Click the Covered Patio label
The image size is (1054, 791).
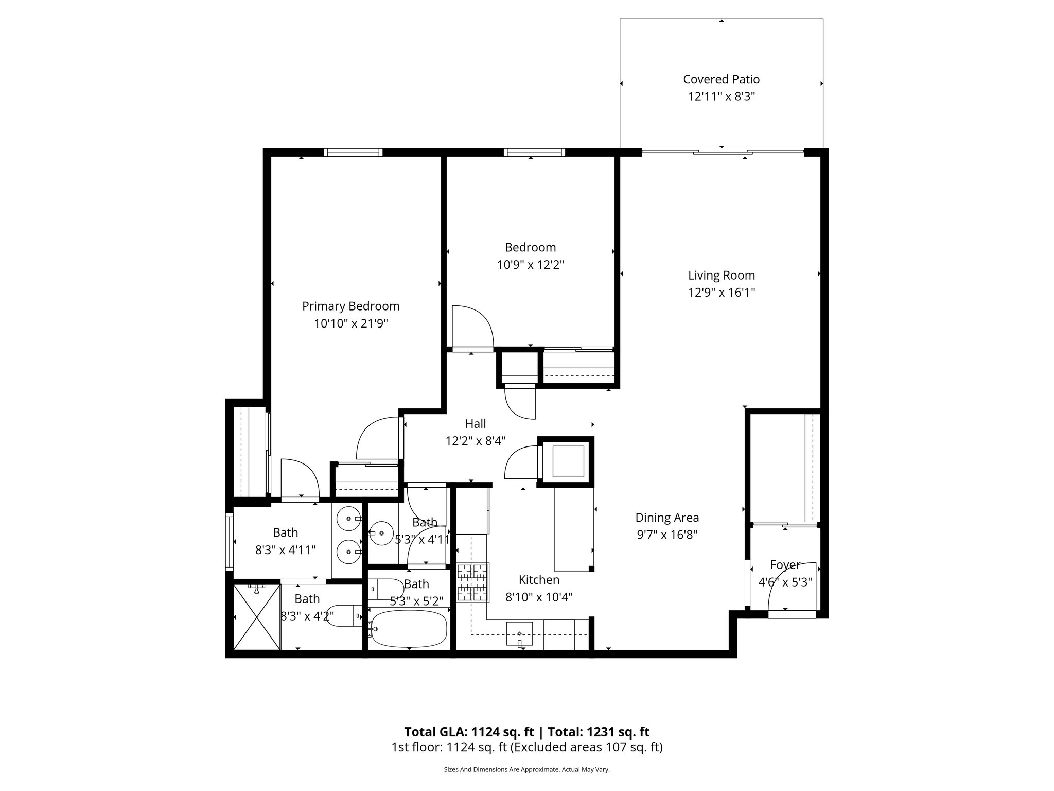click(x=721, y=79)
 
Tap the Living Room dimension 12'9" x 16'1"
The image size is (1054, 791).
click(x=721, y=293)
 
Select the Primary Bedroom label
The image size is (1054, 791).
click(x=350, y=306)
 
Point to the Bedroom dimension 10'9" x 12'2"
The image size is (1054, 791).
click(x=530, y=265)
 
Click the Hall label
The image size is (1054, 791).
click(x=476, y=424)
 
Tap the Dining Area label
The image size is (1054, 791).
click(x=667, y=518)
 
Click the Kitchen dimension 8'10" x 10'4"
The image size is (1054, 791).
click(x=539, y=597)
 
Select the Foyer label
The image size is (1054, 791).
click(x=785, y=565)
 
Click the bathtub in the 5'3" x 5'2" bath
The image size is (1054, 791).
click(x=409, y=628)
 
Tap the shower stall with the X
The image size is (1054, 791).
click(x=257, y=617)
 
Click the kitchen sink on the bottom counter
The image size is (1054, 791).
click(x=520, y=634)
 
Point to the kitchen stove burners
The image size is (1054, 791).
click(x=472, y=582)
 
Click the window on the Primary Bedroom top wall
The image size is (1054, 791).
click(x=353, y=152)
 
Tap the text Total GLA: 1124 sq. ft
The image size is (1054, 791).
click(x=469, y=732)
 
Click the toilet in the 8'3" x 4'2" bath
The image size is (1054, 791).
click(x=342, y=615)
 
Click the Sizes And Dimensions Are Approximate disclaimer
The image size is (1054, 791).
click(x=526, y=770)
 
